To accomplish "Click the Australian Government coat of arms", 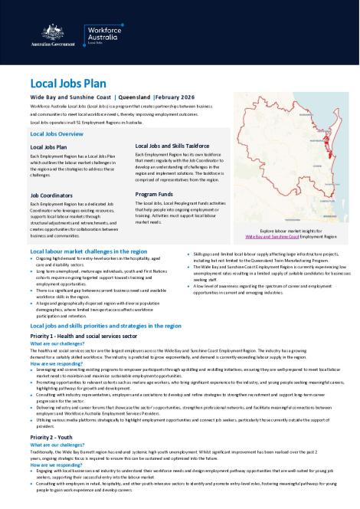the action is (x=35, y=32).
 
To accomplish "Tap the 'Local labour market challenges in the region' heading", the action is (x=88, y=272).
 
